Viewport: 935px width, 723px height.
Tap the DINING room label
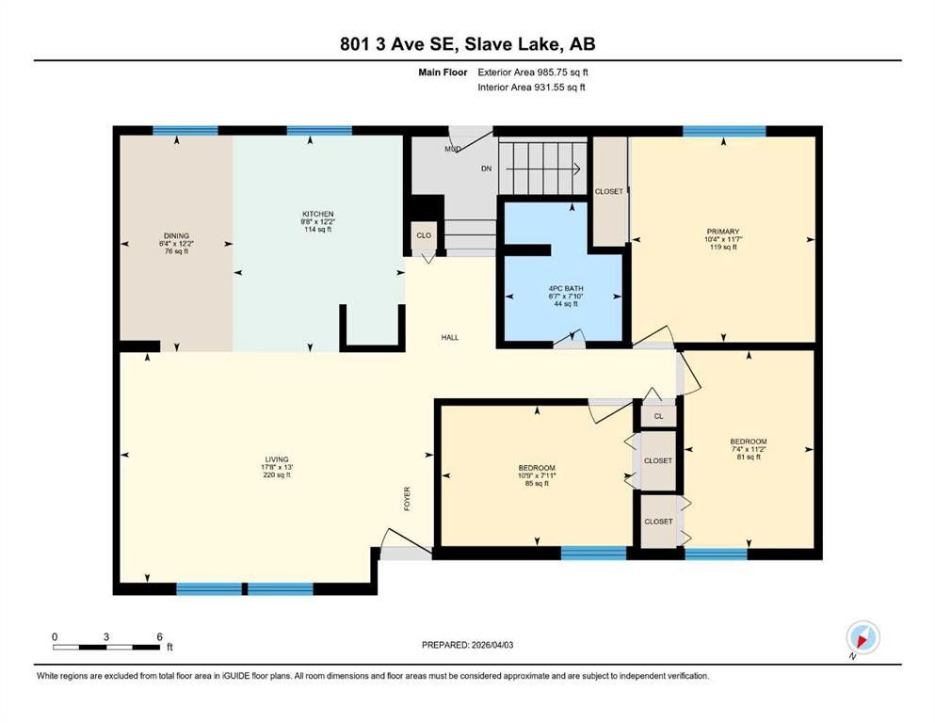coord(177,235)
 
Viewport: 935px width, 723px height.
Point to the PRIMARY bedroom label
coord(723,232)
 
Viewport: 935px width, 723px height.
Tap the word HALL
coord(450,337)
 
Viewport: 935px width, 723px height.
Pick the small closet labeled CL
coord(658,415)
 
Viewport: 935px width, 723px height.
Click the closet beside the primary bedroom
coord(609,191)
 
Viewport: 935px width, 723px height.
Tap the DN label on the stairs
coord(486,169)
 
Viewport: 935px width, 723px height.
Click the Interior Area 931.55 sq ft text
coord(532,87)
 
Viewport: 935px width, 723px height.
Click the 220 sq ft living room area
coord(277,475)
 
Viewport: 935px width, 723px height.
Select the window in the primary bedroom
coord(723,131)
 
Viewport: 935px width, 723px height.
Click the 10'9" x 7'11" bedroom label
coord(536,476)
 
